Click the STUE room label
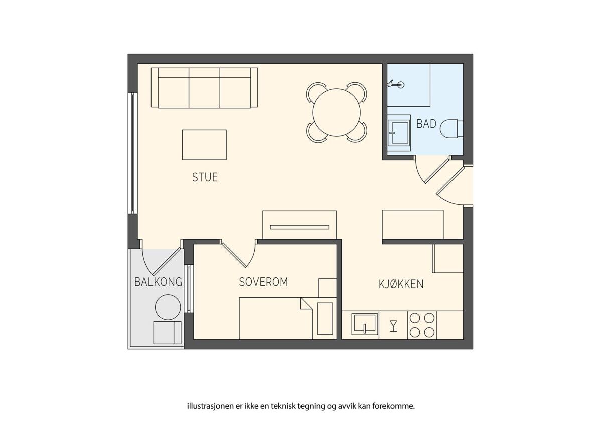(x=205, y=177)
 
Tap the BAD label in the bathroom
(x=426, y=124)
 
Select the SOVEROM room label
(x=263, y=282)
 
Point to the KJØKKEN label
(x=401, y=284)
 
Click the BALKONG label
(x=159, y=282)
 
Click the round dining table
(x=336, y=112)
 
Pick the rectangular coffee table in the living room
(x=204, y=145)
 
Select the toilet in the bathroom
(x=452, y=129)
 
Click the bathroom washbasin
(x=399, y=133)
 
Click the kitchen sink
(x=365, y=324)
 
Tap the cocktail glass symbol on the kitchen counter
(x=393, y=326)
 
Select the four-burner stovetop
(x=422, y=325)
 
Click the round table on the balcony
(x=168, y=307)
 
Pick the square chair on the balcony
(x=167, y=333)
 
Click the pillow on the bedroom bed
(x=325, y=318)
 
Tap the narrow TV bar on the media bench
(x=299, y=227)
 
